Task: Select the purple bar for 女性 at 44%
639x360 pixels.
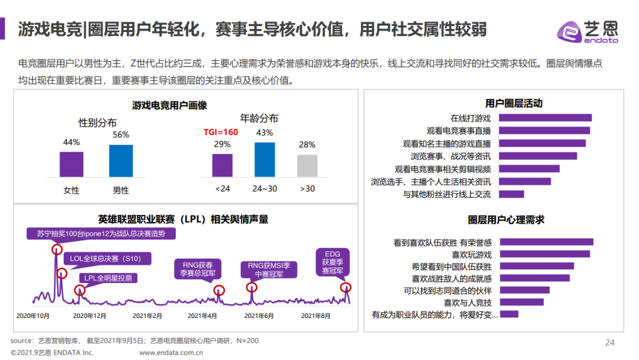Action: click(x=71, y=164)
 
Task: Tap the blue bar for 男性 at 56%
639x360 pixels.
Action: click(x=121, y=160)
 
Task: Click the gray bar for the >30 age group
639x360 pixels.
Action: click(x=307, y=166)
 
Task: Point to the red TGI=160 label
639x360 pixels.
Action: click(x=221, y=132)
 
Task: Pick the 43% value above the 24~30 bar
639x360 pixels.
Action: click(x=264, y=133)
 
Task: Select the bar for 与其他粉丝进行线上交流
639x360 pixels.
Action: click(x=512, y=194)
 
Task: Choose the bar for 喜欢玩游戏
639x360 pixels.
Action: click(x=544, y=254)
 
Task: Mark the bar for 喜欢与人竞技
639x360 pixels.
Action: click(x=521, y=302)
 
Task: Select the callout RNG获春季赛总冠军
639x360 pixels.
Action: click(x=197, y=268)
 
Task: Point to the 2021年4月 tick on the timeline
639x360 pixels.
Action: click(x=202, y=316)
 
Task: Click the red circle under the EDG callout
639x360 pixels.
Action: click(x=346, y=288)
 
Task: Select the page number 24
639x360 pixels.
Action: click(x=610, y=342)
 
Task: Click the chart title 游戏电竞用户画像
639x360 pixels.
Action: click(x=169, y=105)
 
